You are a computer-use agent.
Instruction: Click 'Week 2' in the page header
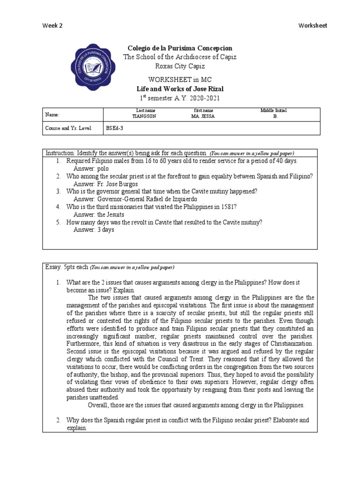click(52, 26)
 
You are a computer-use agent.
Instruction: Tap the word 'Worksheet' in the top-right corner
click(313, 26)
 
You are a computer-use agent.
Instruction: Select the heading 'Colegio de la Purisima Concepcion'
click(180, 48)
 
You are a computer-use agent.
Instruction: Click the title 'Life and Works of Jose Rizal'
click(180, 89)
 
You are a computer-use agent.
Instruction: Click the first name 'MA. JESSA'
click(203, 117)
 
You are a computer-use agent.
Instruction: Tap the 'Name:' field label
click(52, 114)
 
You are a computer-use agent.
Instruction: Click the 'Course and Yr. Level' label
click(68, 128)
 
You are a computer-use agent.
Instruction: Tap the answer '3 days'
click(105, 230)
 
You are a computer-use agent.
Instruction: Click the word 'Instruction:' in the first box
click(60, 153)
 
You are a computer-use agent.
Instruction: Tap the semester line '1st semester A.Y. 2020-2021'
click(180, 98)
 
